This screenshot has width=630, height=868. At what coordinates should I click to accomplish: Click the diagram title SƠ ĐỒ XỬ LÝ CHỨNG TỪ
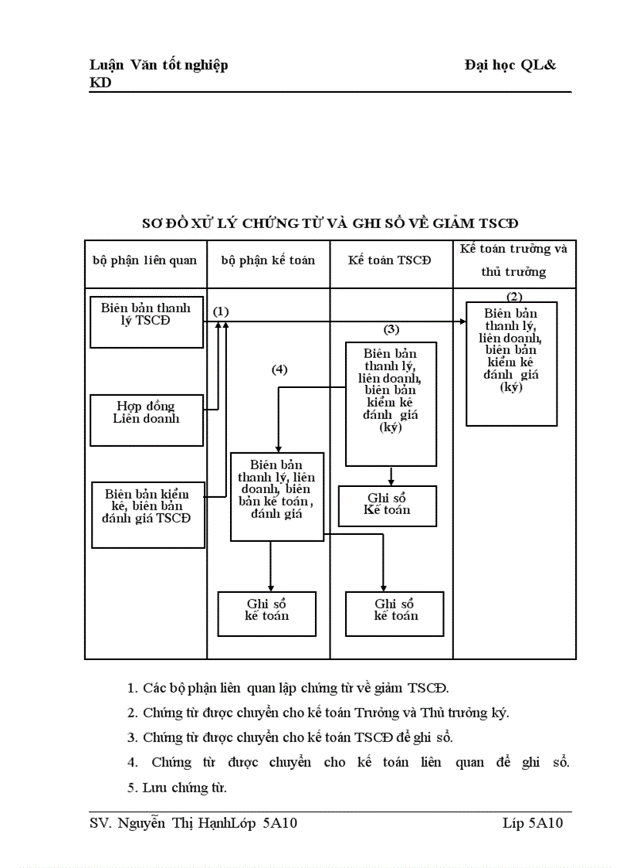coord(330,223)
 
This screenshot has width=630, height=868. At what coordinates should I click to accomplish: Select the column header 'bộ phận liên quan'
coord(145,260)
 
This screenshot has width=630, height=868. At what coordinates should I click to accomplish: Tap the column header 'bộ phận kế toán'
coord(268,260)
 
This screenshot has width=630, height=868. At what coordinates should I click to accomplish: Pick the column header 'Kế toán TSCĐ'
coord(390,260)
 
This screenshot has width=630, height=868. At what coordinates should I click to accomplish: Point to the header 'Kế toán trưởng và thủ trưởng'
coord(513,260)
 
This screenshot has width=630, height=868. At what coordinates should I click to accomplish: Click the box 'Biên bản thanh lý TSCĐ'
coord(146,322)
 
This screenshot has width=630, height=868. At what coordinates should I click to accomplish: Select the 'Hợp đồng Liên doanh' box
coord(146,420)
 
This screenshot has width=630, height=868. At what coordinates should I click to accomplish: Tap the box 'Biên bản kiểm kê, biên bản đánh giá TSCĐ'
coord(148,514)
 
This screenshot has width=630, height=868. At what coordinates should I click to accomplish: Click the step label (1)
coord(221,311)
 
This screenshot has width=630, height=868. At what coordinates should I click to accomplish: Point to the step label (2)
coord(514,296)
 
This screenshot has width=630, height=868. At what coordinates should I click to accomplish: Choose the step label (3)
coord(391,328)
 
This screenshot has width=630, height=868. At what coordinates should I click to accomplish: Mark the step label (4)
coord(279,369)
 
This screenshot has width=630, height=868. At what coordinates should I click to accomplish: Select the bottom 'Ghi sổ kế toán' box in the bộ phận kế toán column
coord(267,614)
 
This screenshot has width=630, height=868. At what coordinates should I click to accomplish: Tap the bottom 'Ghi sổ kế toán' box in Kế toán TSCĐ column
coord(395,614)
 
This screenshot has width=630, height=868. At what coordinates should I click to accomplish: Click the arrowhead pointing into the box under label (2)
coord(462,322)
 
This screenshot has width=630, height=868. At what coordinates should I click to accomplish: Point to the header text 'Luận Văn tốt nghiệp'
coord(158,65)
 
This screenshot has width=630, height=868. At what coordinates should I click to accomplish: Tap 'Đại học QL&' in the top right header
coord(510,65)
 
